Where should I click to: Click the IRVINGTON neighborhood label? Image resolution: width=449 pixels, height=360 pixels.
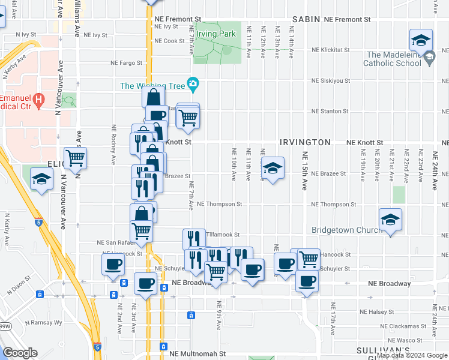point(305,142)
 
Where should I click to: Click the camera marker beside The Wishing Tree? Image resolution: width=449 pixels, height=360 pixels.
point(193,86)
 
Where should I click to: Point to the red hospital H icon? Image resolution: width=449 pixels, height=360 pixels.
point(39,98)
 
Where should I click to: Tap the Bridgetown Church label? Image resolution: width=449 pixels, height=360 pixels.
point(346,230)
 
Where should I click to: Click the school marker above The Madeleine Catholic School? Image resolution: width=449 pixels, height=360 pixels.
point(421,40)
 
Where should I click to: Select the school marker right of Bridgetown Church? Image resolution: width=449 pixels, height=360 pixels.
point(391,220)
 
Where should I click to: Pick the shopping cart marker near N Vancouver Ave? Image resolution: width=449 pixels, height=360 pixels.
point(76,159)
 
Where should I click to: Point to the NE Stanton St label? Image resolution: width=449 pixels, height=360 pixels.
point(330,112)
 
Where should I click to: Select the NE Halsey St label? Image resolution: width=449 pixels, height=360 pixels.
point(376,311)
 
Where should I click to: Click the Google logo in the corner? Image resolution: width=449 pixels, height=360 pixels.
point(20,353)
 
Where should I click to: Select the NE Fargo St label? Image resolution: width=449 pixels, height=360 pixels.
point(126,62)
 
